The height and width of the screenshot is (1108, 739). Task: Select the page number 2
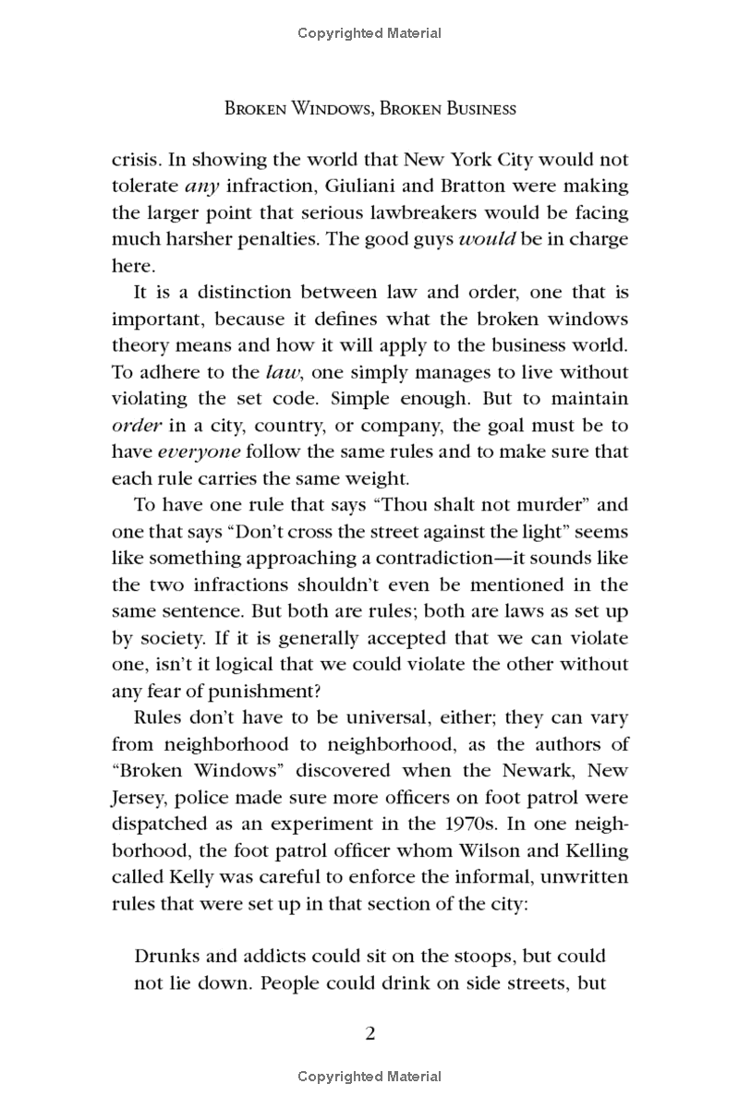pyautogui.click(x=369, y=1032)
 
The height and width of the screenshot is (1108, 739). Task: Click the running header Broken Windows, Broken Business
pyautogui.click(x=369, y=109)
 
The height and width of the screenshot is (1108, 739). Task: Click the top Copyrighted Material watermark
pyautogui.click(x=369, y=33)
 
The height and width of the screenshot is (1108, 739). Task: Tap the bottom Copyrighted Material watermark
pyautogui.click(x=369, y=1077)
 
